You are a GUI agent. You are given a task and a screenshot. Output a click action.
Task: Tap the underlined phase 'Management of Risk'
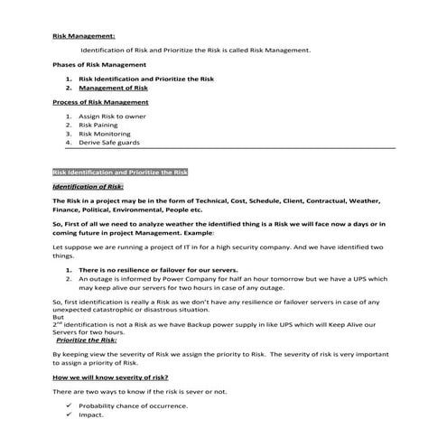coord(113,89)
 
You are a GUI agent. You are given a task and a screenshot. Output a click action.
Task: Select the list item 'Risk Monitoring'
coord(105,134)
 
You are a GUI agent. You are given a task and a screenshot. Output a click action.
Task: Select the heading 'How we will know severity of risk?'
coord(111,376)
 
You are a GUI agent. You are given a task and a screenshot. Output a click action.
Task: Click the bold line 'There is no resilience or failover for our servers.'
coord(158,269)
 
